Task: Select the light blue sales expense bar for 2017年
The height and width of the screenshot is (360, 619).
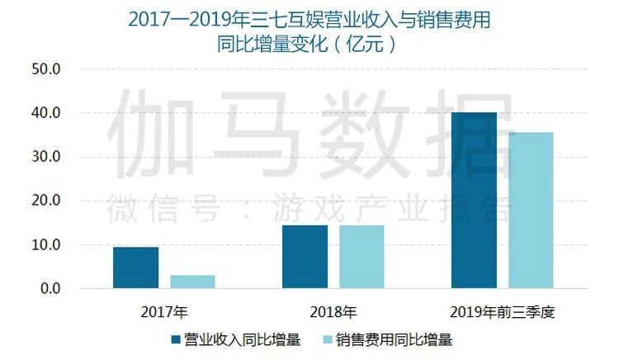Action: (192, 282)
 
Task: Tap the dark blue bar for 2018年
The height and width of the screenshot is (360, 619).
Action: (305, 257)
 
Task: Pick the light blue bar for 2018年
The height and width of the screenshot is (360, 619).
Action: (361, 257)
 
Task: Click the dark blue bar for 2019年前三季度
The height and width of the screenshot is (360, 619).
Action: (474, 201)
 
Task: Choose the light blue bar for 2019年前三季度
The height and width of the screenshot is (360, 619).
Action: (531, 211)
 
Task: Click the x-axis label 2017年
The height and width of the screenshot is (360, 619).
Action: (164, 312)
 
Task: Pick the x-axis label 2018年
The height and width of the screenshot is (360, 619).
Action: (333, 312)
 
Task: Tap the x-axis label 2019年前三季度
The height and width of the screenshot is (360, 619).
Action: (502, 312)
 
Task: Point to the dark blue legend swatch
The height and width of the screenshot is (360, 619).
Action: (175, 339)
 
